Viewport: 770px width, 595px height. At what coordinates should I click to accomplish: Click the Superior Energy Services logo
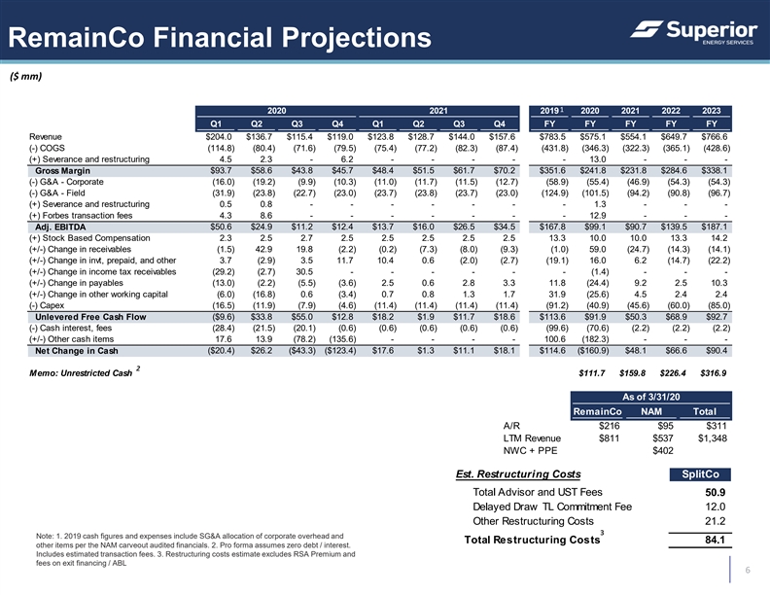693,32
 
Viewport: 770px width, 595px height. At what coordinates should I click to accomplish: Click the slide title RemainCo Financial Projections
220,37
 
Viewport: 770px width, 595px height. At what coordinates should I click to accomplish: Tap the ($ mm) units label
26,76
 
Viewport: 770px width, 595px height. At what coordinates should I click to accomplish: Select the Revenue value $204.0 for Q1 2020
219,137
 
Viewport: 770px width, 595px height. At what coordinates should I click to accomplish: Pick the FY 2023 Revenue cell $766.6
715,137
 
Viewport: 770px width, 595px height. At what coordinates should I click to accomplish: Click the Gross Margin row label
62,171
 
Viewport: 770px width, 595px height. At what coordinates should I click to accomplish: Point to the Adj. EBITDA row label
60,227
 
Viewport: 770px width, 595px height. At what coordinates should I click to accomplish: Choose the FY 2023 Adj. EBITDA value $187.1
715,227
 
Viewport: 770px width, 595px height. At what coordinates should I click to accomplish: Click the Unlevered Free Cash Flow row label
90,317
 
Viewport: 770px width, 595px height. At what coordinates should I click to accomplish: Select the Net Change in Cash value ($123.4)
340,351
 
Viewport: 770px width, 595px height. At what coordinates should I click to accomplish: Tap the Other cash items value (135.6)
342,339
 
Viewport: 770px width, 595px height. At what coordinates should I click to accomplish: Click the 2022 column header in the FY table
671,111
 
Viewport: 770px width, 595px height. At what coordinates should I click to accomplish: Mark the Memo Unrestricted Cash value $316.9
713,373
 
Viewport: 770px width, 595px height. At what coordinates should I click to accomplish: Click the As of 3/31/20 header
651,398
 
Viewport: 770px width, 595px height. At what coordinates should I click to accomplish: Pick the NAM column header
651,412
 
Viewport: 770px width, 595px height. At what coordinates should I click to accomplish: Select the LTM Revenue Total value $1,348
712,438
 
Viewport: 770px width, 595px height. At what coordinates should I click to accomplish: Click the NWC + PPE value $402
663,451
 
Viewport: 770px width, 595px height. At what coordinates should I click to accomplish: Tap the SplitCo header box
700,474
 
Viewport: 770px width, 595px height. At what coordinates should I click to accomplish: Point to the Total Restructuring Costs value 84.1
715,540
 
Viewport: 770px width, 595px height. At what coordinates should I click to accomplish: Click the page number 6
748,570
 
